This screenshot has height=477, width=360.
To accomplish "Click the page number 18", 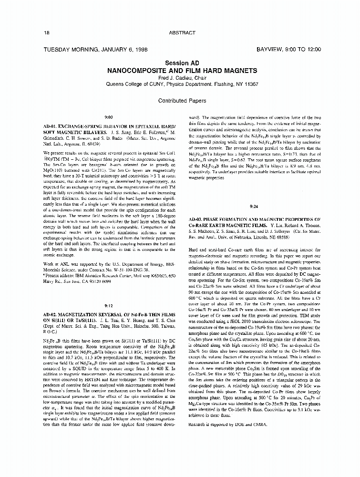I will click(46, 32).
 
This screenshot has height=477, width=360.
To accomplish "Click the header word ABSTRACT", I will click(182, 32).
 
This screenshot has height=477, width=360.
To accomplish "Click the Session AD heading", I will click(182, 63).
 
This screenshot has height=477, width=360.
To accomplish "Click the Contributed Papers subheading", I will click(182, 101).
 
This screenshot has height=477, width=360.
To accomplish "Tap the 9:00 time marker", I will click(108, 116).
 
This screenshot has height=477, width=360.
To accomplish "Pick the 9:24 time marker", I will click(254, 207).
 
